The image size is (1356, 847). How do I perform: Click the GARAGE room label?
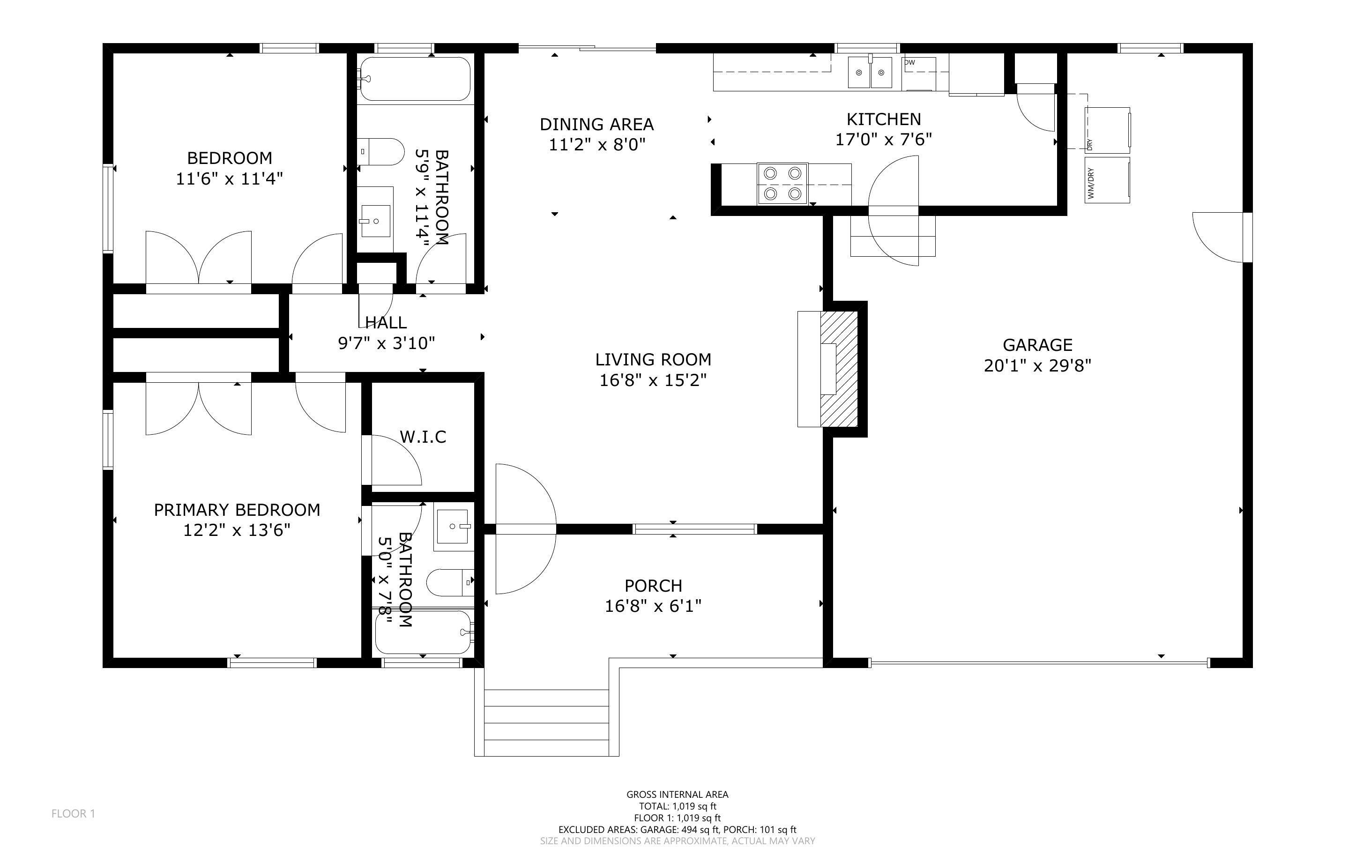click(1037, 344)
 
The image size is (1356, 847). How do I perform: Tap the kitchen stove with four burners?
click(782, 184)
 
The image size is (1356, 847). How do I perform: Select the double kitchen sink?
click(870, 72)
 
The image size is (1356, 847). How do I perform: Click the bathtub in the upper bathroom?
click(415, 79)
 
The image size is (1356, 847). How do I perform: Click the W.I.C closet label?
click(423, 437)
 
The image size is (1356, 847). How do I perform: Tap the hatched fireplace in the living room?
click(838, 369)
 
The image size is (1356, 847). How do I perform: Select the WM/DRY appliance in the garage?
click(1107, 180)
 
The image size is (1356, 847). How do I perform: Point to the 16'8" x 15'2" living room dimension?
click(653, 380)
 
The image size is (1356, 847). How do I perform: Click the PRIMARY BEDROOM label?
click(237, 510)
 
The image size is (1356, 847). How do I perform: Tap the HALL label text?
click(386, 322)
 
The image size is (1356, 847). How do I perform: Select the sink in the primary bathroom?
click(454, 527)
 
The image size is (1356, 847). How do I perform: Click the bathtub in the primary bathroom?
click(424, 632)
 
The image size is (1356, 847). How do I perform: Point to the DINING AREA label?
click(596, 124)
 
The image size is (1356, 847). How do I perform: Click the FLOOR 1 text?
click(74, 813)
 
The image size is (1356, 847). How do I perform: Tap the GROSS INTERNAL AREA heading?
click(677, 795)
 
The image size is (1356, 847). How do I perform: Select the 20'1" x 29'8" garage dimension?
click(1037, 366)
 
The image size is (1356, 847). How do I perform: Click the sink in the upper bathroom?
click(375, 220)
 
